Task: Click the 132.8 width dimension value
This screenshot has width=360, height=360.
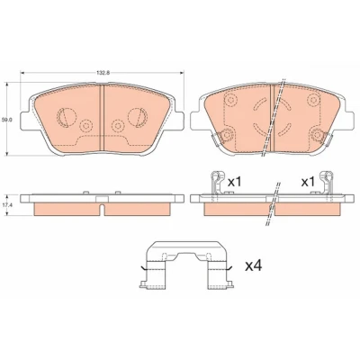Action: click(103, 73)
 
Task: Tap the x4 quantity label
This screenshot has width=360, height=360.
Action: click(254, 265)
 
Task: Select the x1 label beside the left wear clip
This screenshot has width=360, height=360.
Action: click(235, 182)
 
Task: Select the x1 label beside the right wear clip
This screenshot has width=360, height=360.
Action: click(308, 182)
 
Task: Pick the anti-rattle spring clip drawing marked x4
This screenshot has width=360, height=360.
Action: click(185, 265)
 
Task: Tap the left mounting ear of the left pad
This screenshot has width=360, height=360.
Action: click(25, 121)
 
